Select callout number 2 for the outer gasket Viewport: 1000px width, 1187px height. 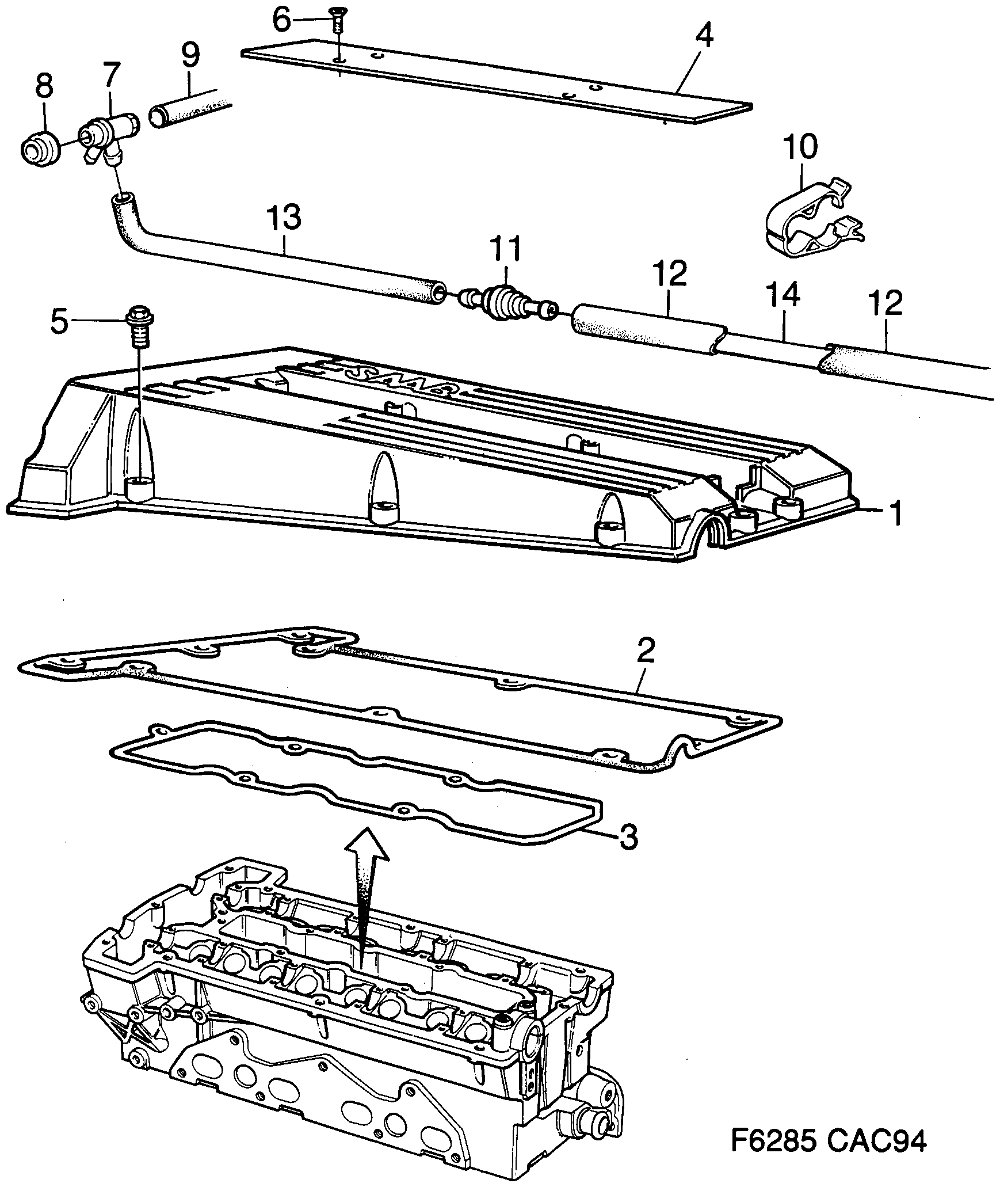click(x=645, y=651)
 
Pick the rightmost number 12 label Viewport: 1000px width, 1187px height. click(x=887, y=303)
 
